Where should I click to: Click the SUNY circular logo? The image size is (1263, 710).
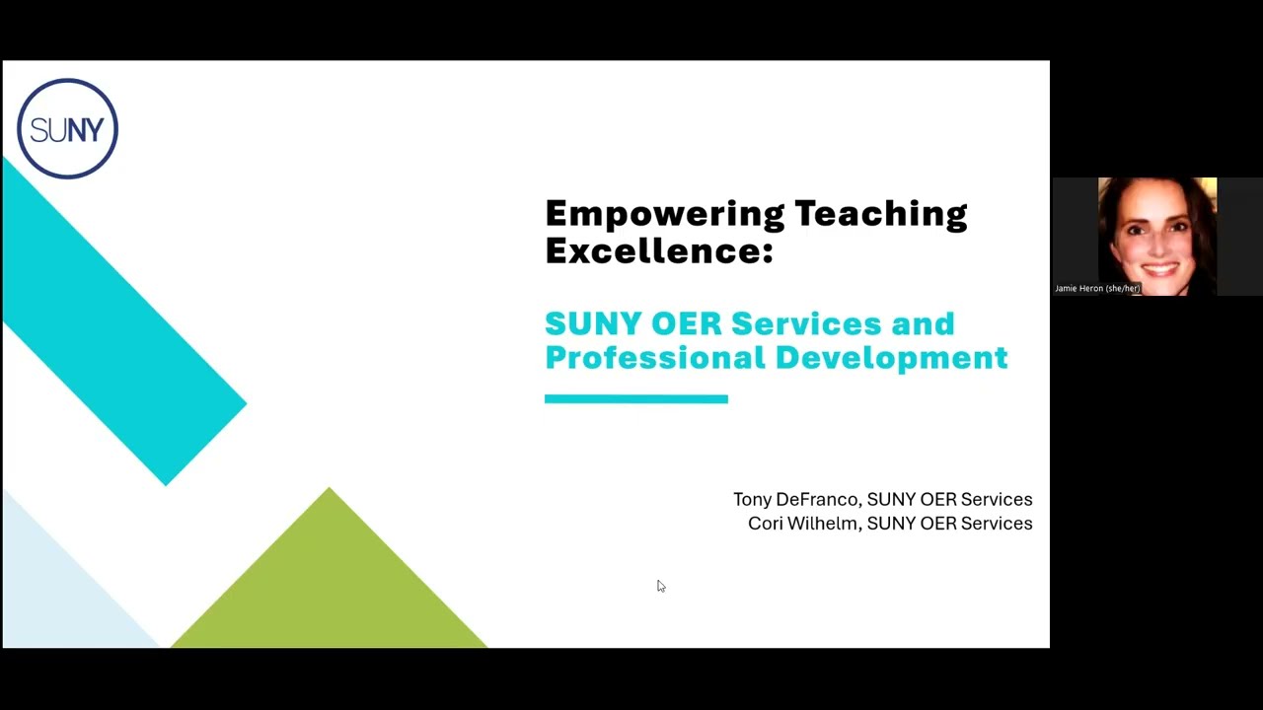point(67,128)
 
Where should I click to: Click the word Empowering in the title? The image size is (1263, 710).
point(664,213)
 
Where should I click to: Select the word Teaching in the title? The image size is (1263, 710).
point(880,213)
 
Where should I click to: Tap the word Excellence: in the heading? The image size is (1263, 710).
point(658,250)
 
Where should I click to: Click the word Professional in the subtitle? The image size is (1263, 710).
point(654,357)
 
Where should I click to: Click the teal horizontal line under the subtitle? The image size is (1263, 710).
point(635,398)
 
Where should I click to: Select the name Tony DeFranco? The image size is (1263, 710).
point(795,500)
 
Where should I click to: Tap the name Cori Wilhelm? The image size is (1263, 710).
point(802,524)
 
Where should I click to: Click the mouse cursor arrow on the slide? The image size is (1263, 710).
point(660,586)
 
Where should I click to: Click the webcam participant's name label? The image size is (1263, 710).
point(1097,289)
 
